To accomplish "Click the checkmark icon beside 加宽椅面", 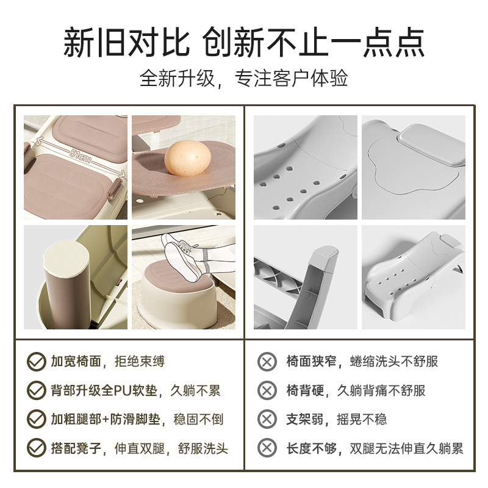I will (x=35, y=362).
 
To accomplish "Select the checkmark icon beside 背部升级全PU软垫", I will (x=35, y=390).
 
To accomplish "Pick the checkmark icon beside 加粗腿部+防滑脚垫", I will (x=35, y=419).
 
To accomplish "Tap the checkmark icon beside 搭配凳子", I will (x=35, y=448).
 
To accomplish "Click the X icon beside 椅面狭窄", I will (x=267, y=362).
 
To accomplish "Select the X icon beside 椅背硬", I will (x=267, y=390).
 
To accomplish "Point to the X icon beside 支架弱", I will (x=267, y=419).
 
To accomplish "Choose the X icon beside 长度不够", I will (x=267, y=448).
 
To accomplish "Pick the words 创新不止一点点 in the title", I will (x=315, y=43).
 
